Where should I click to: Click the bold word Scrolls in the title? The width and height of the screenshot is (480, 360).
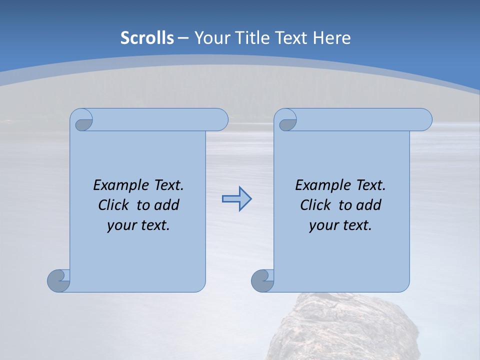tap(147, 38)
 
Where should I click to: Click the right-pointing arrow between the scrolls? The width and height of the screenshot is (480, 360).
tap(236, 199)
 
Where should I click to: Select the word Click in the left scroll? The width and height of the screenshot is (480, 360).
tap(114, 205)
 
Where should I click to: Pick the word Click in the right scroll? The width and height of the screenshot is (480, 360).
tap(315, 205)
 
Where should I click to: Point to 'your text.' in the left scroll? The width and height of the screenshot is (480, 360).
tap(138, 225)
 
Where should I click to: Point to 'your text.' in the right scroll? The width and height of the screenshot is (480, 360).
tap(340, 225)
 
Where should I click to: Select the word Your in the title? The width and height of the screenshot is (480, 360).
tap(210, 38)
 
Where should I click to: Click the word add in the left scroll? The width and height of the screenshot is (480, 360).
tap(167, 205)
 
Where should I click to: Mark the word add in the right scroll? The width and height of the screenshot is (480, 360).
tap(369, 205)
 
